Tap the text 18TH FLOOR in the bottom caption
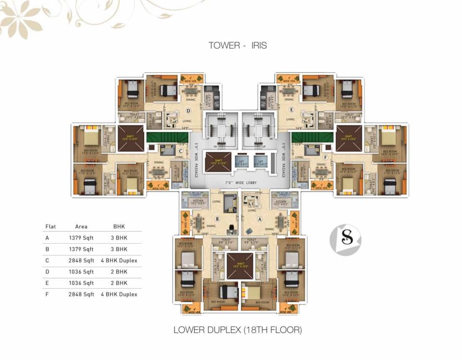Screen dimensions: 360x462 pyautogui.click(x=272, y=330)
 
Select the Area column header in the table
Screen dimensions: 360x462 pyautogui.click(x=81, y=227)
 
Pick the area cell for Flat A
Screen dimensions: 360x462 pyautogui.click(x=81, y=238)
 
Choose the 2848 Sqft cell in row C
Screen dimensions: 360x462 pyautogui.click(x=81, y=261)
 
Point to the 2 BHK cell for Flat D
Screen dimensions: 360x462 pyautogui.click(x=119, y=272)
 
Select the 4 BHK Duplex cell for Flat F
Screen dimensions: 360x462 pyautogui.click(x=119, y=294)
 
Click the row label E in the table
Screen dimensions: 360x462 pyautogui.click(x=47, y=283)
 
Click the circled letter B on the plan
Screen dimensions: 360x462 pyautogui.click(x=217, y=218)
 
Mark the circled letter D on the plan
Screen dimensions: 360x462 pyautogui.click(x=188, y=111)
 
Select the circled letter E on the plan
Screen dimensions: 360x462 pyautogui.click(x=291, y=111)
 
